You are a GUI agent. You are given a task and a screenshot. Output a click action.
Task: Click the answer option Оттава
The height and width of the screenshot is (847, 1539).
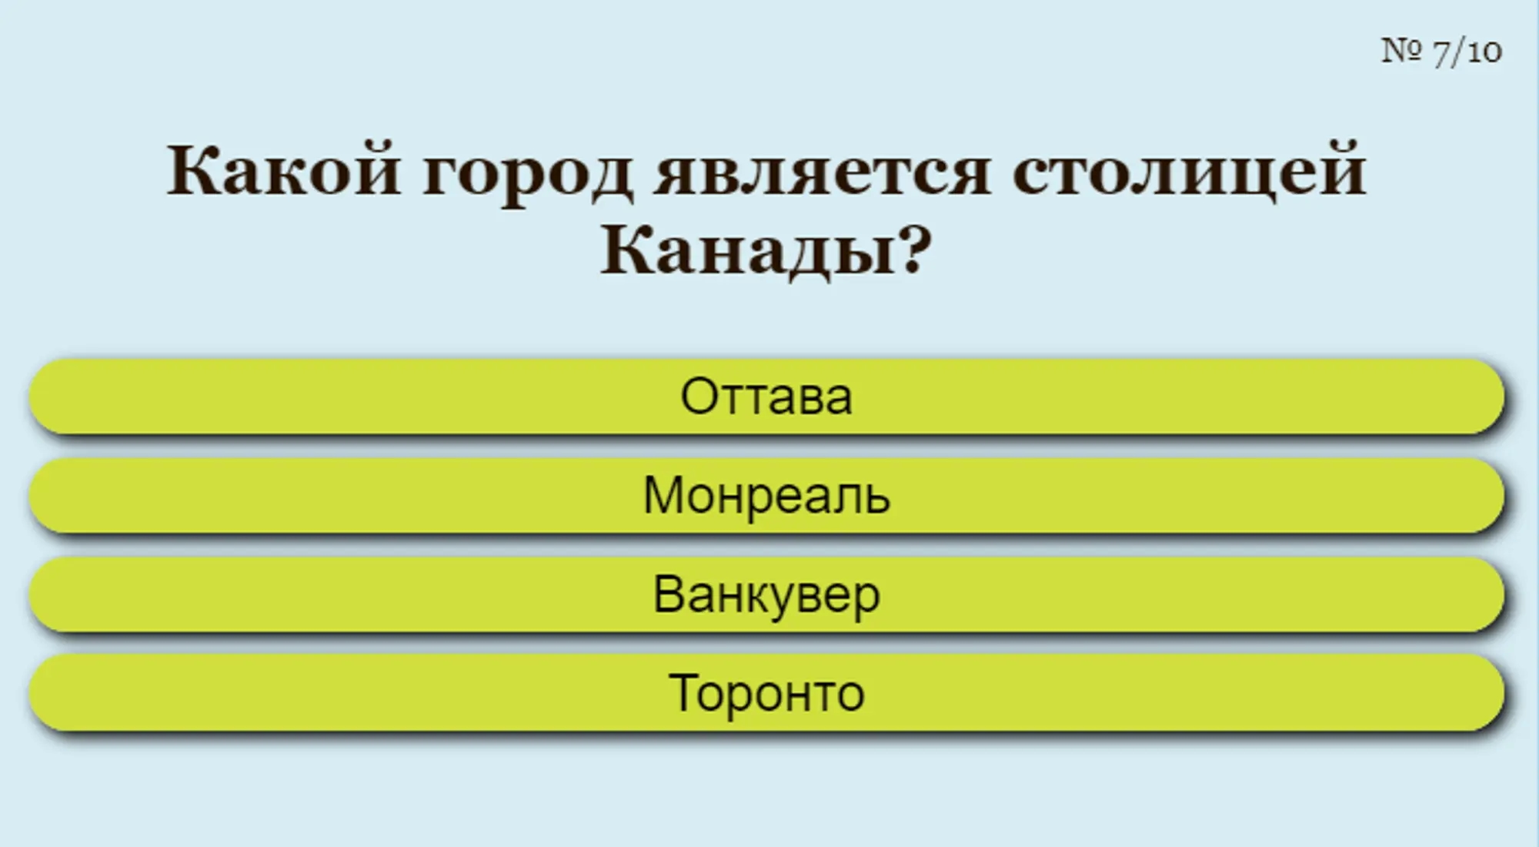pyautogui.click(x=766, y=397)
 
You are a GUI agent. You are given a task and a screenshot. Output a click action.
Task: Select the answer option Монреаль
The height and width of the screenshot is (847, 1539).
pyautogui.click(x=766, y=495)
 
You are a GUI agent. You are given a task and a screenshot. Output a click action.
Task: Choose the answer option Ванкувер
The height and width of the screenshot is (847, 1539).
pyautogui.click(x=766, y=594)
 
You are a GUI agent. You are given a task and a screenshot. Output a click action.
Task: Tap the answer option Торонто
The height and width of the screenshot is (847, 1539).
pyautogui.click(x=766, y=693)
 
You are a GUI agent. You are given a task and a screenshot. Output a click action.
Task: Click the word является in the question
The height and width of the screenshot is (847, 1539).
pyautogui.click(x=821, y=171)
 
